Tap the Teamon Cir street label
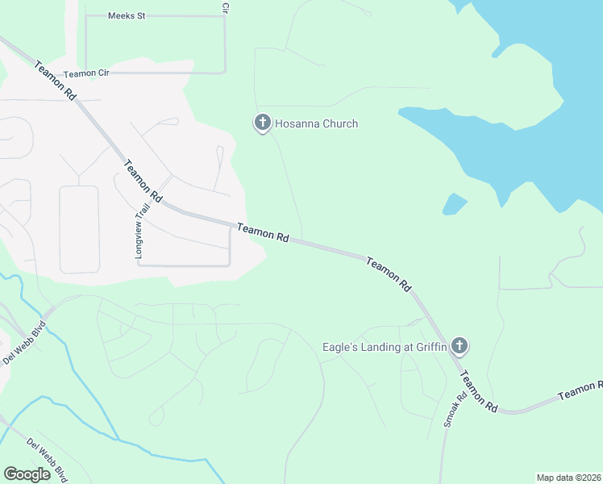click(86, 73)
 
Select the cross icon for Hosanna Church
click(262, 123)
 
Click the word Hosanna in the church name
click(298, 123)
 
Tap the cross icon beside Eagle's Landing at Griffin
click(460, 347)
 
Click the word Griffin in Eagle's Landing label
click(429, 348)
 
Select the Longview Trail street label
click(139, 230)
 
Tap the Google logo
click(27, 474)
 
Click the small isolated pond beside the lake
click(455, 204)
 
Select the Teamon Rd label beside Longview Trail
click(143, 181)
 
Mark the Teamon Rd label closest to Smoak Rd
click(479, 394)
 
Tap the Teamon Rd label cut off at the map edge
click(580, 391)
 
